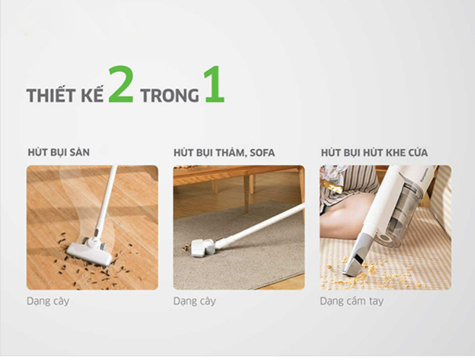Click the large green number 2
121,87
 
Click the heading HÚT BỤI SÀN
58,153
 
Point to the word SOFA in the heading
261,153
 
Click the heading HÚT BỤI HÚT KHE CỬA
374,153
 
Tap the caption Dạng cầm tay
351,301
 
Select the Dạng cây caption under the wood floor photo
47,301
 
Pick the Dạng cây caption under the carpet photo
194,301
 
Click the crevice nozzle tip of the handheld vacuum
354,265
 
